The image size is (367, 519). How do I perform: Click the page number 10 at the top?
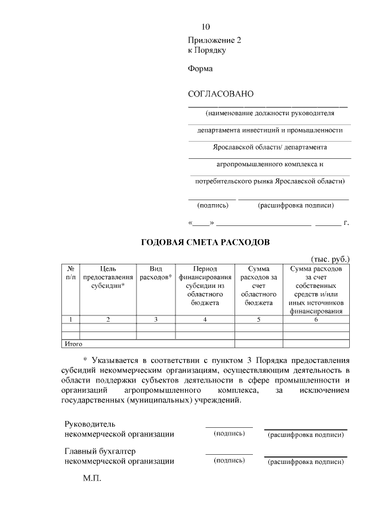206,27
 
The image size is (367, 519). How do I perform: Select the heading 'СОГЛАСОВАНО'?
220,94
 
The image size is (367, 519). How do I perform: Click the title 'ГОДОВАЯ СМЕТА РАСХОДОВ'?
205,242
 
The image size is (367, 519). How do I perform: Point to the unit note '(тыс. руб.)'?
330,259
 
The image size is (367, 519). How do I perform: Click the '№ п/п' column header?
70,272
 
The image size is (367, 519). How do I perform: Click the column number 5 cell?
259,319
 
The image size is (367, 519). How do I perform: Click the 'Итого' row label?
73,344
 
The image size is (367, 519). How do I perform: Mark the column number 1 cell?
70,319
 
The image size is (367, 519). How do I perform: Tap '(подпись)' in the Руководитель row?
229,434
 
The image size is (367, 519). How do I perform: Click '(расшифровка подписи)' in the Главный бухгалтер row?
306,461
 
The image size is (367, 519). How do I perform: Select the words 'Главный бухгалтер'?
100,451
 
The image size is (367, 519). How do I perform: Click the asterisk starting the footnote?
85,360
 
